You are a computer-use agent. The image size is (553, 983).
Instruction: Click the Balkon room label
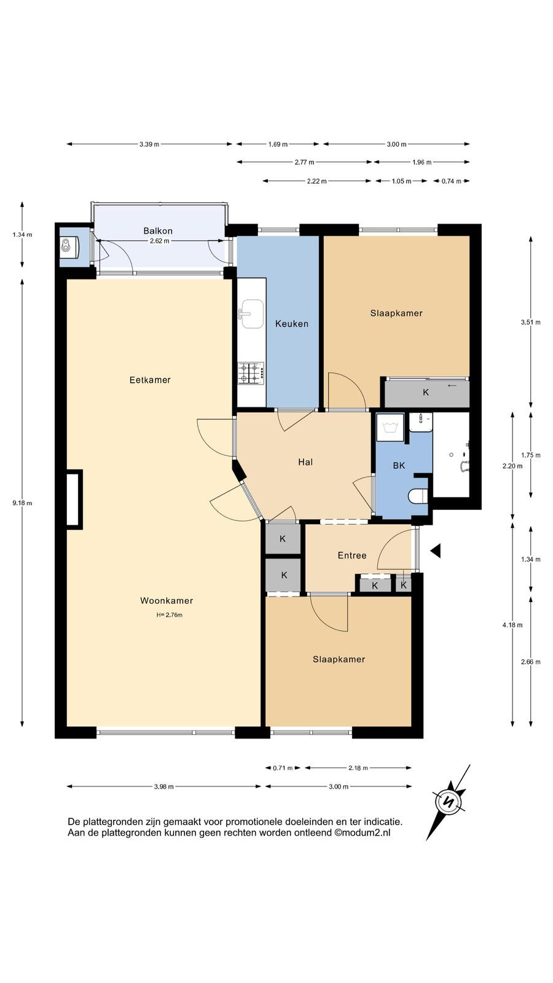[x=158, y=231]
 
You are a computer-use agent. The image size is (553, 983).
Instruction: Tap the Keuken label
[x=292, y=324]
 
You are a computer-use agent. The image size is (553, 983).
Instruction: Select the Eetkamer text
[x=150, y=380]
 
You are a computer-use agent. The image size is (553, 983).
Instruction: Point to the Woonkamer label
[x=167, y=601]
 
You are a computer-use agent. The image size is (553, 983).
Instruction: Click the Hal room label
[x=305, y=462]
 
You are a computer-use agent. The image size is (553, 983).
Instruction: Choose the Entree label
[x=352, y=555]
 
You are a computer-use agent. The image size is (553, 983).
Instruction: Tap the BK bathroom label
[x=399, y=466]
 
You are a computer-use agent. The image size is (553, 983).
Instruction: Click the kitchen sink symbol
[x=251, y=314]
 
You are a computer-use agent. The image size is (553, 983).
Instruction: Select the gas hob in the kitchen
[x=251, y=374]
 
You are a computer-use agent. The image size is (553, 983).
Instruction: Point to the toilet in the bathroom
[x=418, y=496]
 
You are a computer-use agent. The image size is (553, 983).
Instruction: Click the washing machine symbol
[x=390, y=428]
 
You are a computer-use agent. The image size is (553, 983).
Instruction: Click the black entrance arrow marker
[x=435, y=550]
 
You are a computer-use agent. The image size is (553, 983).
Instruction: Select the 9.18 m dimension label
[x=22, y=503]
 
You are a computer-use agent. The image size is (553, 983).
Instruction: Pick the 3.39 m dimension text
[x=149, y=144]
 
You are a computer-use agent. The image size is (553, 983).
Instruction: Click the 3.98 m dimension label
[x=163, y=787]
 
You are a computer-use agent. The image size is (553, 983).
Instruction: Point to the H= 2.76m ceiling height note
[x=170, y=615]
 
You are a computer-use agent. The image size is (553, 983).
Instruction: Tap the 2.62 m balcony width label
[x=159, y=241]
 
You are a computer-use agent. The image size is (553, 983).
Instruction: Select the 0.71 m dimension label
[x=283, y=768]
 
